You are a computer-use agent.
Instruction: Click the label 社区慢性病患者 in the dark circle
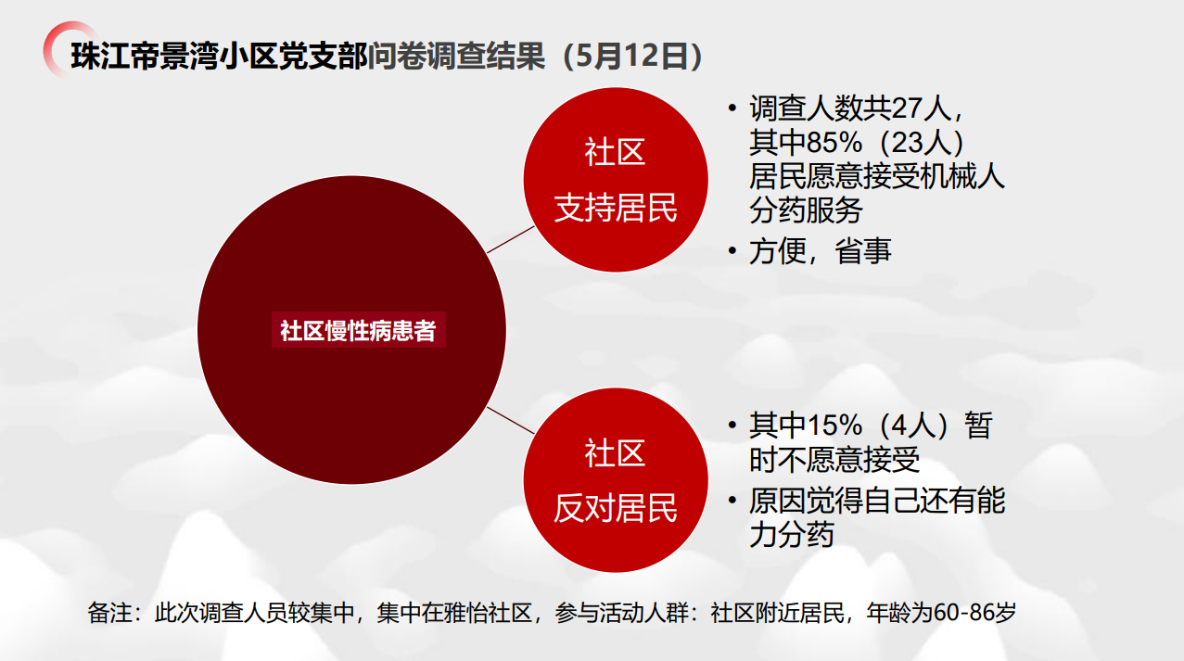point(359,331)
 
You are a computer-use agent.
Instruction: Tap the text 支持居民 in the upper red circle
point(616,208)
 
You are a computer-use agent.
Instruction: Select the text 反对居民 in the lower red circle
point(616,508)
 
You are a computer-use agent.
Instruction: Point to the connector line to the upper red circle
point(511,240)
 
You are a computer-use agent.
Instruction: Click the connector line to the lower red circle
point(511,421)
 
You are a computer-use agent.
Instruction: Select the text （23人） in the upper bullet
point(921,142)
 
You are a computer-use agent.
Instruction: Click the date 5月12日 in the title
point(632,56)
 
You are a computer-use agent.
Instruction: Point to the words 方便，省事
point(821,251)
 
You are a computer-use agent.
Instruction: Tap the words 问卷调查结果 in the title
point(456,56)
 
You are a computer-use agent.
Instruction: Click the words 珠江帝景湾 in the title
point(145,56)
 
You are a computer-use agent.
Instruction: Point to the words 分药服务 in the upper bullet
point(806,210)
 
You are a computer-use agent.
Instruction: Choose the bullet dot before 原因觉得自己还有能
point(732,500)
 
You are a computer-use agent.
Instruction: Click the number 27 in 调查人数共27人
point(907,108)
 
